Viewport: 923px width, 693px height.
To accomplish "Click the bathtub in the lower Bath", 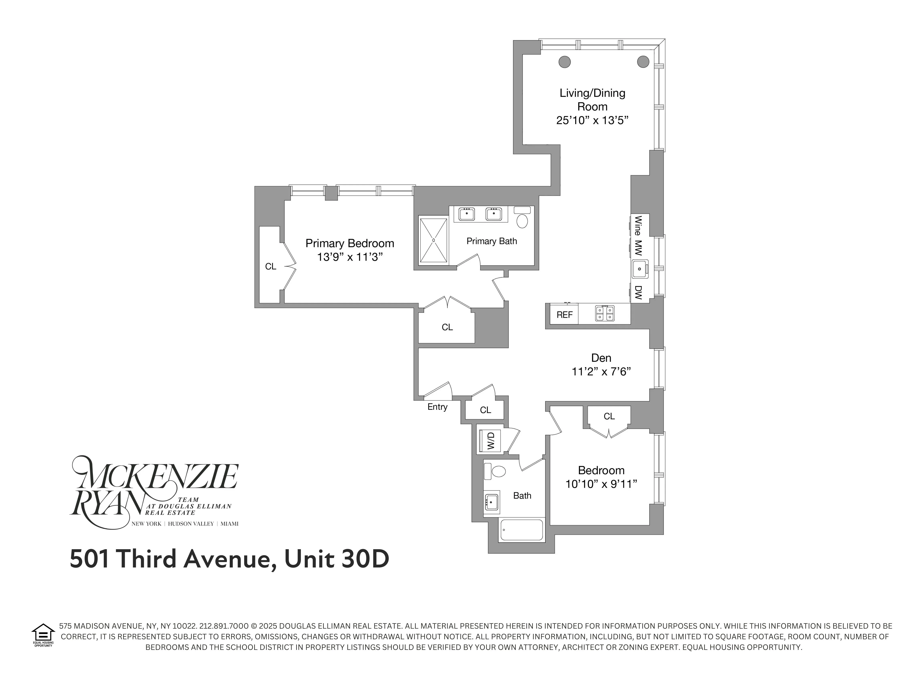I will click(522, 530).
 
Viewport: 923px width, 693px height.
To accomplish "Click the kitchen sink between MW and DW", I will click(639, 269).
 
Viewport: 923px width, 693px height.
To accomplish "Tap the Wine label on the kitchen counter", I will click(638, 226).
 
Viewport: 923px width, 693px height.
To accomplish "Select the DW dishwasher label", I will click(638, 292).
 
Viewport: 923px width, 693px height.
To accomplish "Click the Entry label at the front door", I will click(437, 407).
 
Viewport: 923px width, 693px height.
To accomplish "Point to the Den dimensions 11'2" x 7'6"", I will click(601, 371).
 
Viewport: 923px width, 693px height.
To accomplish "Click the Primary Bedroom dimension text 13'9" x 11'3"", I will click(350, 257).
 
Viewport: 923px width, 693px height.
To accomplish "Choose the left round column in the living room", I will click(565, 62).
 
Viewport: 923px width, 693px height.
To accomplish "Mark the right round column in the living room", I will click(643, 62).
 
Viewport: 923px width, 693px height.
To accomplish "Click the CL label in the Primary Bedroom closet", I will click(270, 266).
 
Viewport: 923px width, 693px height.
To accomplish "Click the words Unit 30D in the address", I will click(337, 558).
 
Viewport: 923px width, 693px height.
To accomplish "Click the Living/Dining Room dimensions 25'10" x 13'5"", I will click(592, 120).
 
